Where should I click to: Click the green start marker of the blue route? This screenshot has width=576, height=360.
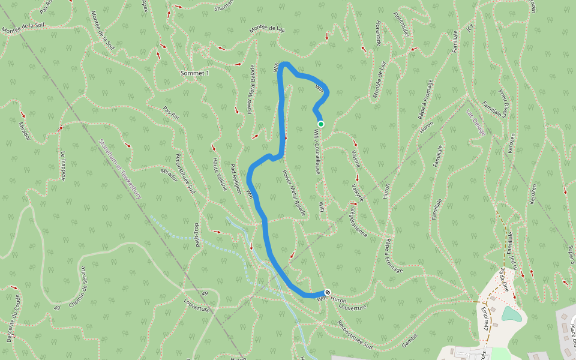[x=321, y=124]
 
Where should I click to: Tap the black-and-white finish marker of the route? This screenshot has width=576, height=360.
[x=328, y=292]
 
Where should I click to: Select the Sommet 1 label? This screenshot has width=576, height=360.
[x=195, y=73]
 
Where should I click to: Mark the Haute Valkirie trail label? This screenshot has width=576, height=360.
[x=220, y=173]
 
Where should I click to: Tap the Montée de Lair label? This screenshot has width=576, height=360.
[x=267, y=28]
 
